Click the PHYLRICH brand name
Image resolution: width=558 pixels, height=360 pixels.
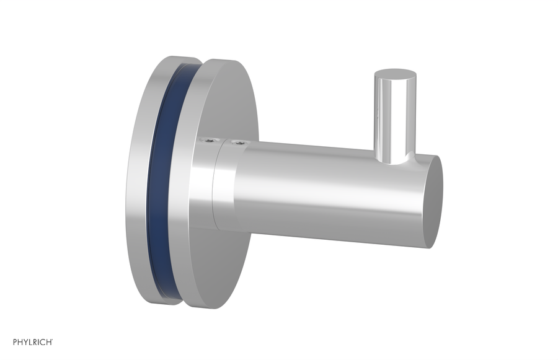coord(32,342)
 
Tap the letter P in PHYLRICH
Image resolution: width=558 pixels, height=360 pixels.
coord(14,342)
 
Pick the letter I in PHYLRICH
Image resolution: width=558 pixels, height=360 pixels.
coord(39,342)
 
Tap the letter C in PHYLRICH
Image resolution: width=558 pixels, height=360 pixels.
coord(43,342)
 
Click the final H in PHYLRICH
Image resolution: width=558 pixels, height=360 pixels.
coord(48,342)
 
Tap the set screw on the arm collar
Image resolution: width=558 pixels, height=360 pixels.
coord(236,145)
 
